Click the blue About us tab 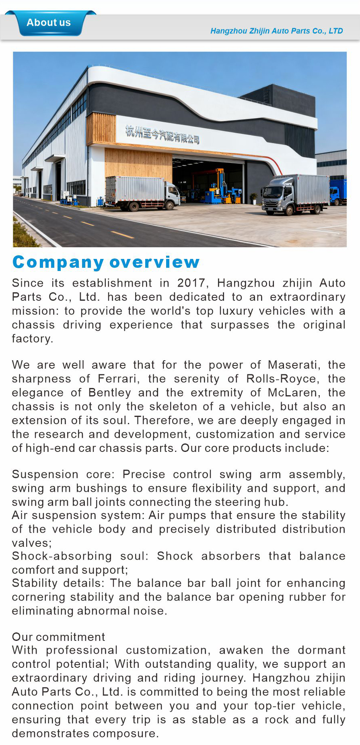(x=49, y=23)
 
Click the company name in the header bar (x=276, y=31)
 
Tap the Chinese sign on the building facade (x=162, y=134)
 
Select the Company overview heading (x=106, y=262)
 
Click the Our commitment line (x=58, y=637)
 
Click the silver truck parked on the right (x=296, y=194)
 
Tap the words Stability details (x=58, y=583)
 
